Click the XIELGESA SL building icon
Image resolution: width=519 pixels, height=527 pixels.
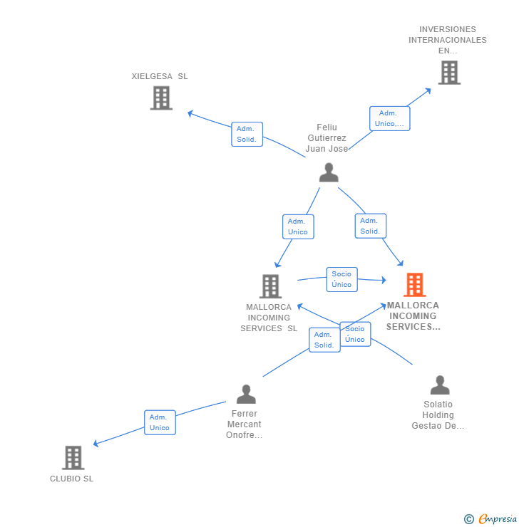pyautogui.click(x=161, y=98)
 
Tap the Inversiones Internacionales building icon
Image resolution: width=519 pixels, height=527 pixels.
pyautogui.click(x=448, y=73)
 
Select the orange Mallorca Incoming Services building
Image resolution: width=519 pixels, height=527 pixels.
pyautogui.click(x=414, y=285)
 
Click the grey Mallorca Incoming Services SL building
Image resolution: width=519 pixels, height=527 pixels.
pyautogui.click(x=270, y=286)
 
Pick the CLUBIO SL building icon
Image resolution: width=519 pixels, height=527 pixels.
pyautogui.click(x=73, y=457)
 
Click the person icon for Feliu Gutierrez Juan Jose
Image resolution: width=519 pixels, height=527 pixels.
pyautogui.click(x=328, y=172)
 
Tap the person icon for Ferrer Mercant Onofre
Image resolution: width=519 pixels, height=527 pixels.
pyautogui.click(x=246, y=394)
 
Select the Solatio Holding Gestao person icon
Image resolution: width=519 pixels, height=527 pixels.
pyautogui.click(x=440, y=385)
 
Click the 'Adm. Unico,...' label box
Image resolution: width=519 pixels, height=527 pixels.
pyautogui.click(x=389, y=118)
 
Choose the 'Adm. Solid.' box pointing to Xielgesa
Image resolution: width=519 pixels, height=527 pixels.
pyautogui.click(x=247, y=134)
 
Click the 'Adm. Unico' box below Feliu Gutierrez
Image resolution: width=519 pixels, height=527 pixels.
pyautogui.click(x=298, y=226)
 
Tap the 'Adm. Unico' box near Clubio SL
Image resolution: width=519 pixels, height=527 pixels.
pyautogui.click(x=159, y=422)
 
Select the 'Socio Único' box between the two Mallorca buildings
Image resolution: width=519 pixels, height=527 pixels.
pyautogui.click(x=341, y=279)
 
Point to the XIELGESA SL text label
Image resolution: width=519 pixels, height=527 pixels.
pyautogui.click(x=160, y=76)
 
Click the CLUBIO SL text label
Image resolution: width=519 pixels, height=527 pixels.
pyautogui.click(x=71, y=479)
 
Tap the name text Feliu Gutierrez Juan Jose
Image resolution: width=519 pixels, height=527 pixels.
pyautogui.click(x=327, y=138)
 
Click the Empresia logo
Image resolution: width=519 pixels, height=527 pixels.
pyautogui.click(x=497, y=519)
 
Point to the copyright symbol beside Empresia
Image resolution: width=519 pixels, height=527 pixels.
pyautogui.click(x=468, y=519)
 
